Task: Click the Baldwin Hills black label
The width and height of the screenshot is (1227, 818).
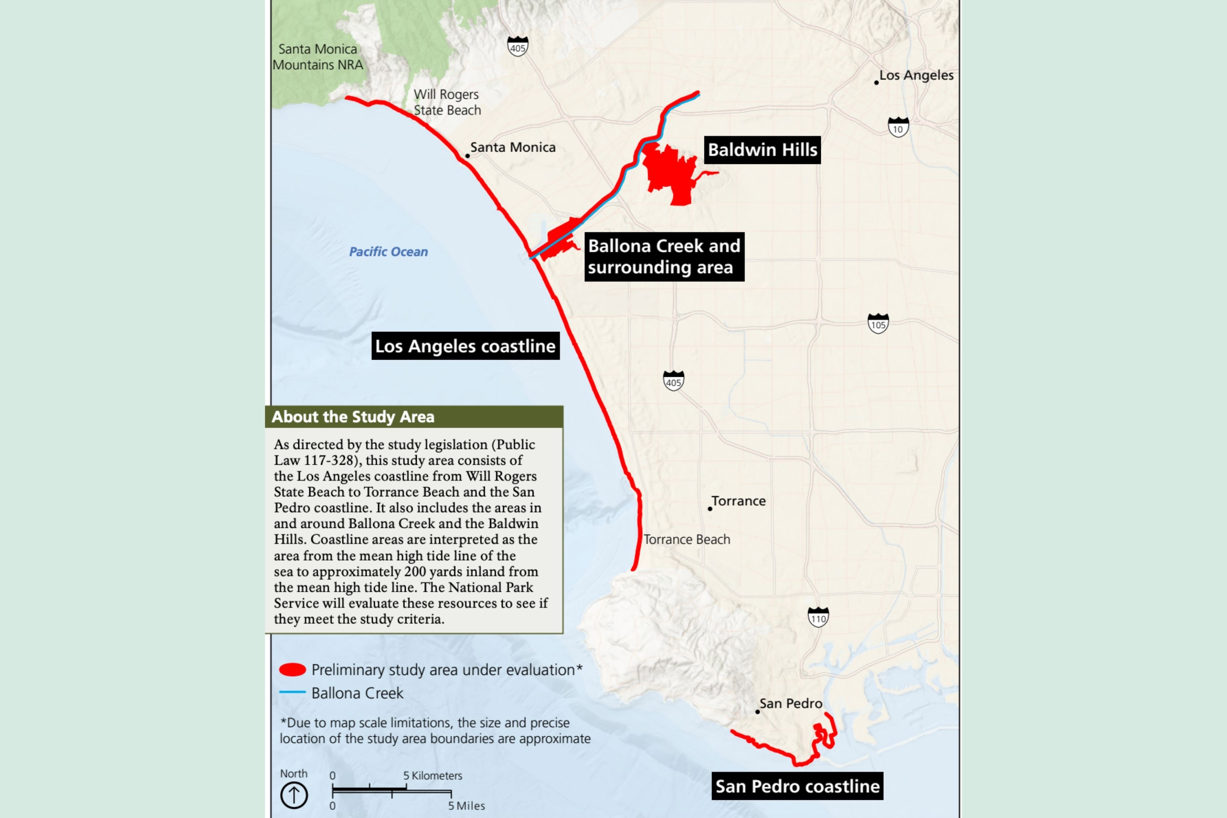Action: pyautogui.click(x=762, y=150)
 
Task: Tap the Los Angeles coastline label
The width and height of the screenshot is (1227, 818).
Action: pyautogui.click(x=465, y=346)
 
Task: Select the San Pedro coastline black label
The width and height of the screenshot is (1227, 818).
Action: pyautogui.click(x=797, y=786)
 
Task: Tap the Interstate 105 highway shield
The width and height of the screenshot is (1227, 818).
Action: pyautogui.click(x=878, y=324)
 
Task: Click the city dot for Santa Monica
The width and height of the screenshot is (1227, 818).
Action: pyautogui.click(x=468, y=156)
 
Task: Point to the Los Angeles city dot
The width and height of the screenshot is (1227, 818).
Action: pyautogui.click(x=877, y=82)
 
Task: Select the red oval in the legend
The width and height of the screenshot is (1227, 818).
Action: pyautogui.click(x=293, y=670)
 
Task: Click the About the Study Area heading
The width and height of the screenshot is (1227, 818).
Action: pyautogui.click(x=353, y=417)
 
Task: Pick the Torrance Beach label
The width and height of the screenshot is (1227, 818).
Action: pyautogui.click(x=687, y=539)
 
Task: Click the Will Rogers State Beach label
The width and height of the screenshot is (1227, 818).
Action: pyautogui.click(x=447, y=102)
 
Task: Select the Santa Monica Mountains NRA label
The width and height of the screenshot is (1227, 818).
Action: pyautogui.click(x=318, y=57)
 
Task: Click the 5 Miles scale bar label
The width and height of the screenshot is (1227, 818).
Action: pyautogui.click(x=467, y=806)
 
